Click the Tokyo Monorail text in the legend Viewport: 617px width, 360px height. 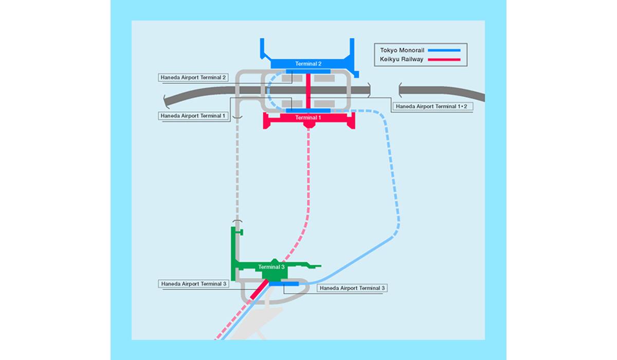(x=402, y=50)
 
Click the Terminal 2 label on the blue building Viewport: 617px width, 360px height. (x=308, y=64)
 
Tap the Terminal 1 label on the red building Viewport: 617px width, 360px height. (x=308, y=118)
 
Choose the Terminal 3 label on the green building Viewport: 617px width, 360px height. (x=271, y=267)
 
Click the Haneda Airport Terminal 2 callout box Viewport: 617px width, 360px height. (x=193, y=78)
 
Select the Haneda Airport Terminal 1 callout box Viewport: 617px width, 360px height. (x=193, y=116)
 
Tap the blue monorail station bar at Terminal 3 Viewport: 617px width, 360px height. (x=284, y=283)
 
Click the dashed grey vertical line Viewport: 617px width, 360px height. (x=238, y=170)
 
